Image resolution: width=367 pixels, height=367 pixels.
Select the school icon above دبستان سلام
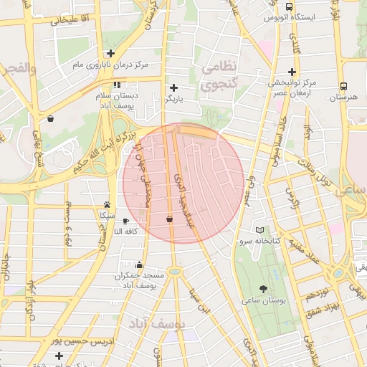tap(118, 85)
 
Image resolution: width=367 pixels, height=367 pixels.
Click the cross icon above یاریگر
tap(173, 87)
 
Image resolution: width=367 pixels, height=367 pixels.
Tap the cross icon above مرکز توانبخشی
tap(292, 71)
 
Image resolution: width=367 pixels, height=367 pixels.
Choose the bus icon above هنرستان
tap(344, 85)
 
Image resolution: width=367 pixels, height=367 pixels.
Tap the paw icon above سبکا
tap(107, 204)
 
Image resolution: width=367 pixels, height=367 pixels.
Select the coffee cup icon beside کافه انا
tap(127, 221)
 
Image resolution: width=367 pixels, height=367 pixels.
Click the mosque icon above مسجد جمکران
tap(139, 264)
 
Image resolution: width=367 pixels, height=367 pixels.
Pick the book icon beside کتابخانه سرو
tap(260, 230)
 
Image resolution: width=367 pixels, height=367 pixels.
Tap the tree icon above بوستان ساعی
tap(264, 289)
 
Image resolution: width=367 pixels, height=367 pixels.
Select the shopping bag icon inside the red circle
tap(169, 219)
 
